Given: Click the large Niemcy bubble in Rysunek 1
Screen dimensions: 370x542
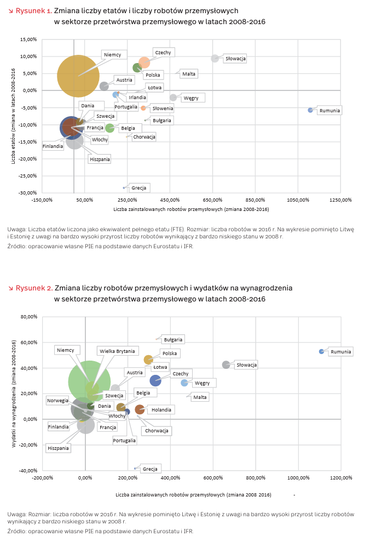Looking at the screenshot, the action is coord(78,76).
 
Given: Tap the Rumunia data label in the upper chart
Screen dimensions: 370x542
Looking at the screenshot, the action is coord(329,111).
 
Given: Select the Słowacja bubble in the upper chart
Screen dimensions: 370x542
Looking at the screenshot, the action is coord(215,59).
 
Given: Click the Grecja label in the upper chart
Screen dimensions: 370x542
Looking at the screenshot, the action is coord(139,188).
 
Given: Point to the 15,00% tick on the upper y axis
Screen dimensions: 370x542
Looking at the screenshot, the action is coord(28,39).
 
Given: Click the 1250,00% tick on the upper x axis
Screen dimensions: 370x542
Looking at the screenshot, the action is coord(340,200).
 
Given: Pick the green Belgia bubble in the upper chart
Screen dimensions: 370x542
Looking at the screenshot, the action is coord(110,128).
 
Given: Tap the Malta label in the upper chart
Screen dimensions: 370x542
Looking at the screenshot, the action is coord(189,74).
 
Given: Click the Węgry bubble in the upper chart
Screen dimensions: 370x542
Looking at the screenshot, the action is coord(174,98).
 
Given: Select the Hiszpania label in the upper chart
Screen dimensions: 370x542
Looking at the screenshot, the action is coord(100,159).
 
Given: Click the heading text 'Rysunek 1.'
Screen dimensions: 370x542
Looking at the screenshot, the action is coord(34,11).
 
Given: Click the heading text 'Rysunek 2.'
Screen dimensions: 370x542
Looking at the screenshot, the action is coord(34,288).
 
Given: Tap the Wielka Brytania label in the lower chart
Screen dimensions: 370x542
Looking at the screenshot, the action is coord(117,351).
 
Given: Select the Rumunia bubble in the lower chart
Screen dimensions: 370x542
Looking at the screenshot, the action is coord(322,351).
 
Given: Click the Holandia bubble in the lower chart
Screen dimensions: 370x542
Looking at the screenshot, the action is coord(140,409).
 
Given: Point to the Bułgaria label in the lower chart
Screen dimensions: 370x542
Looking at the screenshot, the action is coord(173,340).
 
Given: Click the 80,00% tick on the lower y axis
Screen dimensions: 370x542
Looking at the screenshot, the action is coord(29,317).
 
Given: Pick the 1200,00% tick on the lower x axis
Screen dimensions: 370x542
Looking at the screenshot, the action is coord(341,478).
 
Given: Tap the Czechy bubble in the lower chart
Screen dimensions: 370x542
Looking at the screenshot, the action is coord(155,380).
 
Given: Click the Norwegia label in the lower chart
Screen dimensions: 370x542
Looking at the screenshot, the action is coord(57,401).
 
